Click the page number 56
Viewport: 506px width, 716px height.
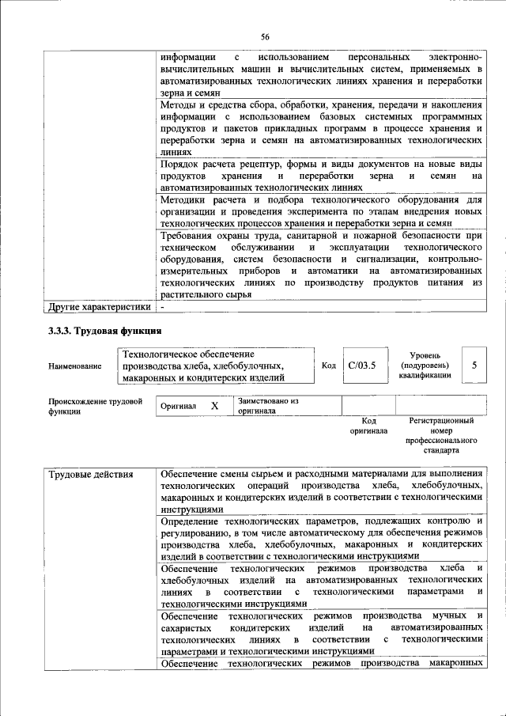tap(265, 36)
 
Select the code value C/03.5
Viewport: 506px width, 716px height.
tap(362, 366)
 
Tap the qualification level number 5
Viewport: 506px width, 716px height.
tap(474, 366)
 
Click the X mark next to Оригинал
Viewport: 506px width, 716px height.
tap(213, 406)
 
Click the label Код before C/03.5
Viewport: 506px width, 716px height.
tap(329, 366)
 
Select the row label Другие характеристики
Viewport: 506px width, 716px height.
tap(99, 306)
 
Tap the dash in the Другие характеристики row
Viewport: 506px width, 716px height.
tap(162, 306)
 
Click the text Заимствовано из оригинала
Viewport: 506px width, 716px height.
tap(267, 406)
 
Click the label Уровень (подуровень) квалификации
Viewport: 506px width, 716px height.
tap(425, 366)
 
